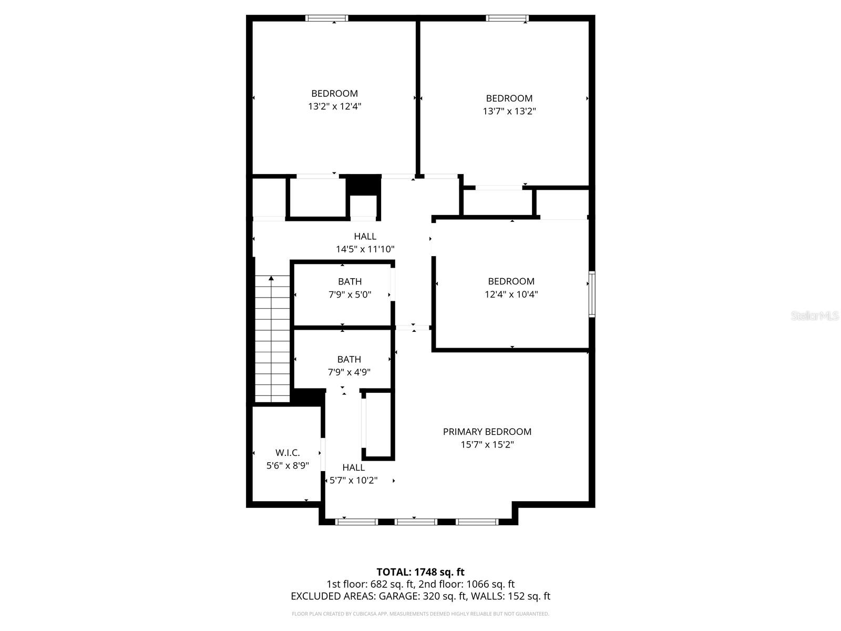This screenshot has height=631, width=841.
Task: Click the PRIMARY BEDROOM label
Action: (x=487, y=432)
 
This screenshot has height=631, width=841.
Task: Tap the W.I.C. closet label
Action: (x=288, y=453)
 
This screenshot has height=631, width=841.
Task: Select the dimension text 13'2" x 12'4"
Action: (x=334, y=106)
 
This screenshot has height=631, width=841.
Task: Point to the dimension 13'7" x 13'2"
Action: (x=509, y=111)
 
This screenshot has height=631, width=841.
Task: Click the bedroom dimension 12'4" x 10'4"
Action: (x=511, y=294)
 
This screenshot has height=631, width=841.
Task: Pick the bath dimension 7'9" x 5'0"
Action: (x=350, y=294)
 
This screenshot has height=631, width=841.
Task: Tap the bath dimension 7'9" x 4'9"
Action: (x=349, y=372)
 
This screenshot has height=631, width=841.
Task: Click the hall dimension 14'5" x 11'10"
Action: (x=365, y=249)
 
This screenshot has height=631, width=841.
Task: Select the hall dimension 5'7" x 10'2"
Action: (x=353, y=480)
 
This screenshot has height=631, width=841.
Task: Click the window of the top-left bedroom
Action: (x=326, y=18)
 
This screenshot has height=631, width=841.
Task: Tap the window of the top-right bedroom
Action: (x=507, y=18)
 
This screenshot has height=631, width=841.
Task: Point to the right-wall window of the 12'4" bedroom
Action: (x=591, y=294)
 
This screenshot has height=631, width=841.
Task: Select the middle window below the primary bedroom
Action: (x=415, y=522)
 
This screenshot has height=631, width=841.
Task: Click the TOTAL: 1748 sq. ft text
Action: (x=420, y=572)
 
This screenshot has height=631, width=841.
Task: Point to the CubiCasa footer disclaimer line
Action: (x=420, y=614)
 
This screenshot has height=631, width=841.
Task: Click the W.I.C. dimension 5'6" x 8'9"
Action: (x=288, y=465)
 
